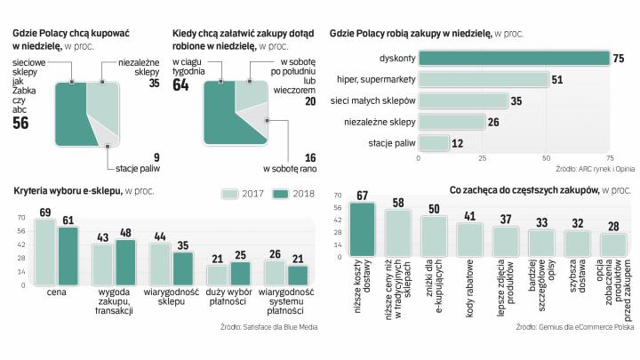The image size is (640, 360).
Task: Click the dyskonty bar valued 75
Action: click(x=514, y=59)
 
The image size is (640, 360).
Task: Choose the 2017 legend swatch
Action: click(x=231, y=193)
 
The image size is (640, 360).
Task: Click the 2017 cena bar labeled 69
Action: click(x=45, y=253)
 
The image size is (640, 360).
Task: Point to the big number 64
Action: click(x=181, y=85)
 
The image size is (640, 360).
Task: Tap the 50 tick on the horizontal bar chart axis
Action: click(x=545, y=159)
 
